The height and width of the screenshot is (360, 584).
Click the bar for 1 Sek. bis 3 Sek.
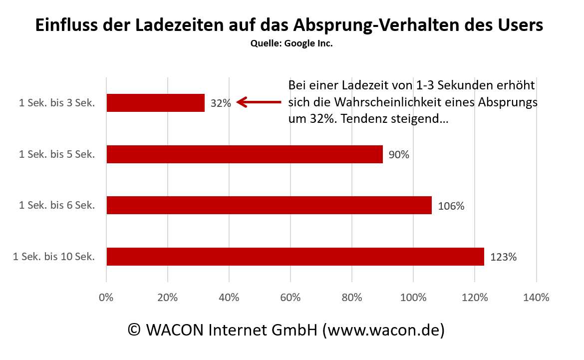click(x=156, y=103)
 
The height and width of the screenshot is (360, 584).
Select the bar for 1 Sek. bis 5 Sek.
click(x=245, y=154)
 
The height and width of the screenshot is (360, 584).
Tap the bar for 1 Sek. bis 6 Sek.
click(x=269, y=205)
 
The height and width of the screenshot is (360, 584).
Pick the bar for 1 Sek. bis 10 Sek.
click(x=295, y=257)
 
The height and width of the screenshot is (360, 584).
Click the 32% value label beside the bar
click(x=221, y=103)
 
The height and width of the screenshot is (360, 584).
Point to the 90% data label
click(x=399, y=155)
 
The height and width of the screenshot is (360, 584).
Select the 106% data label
click(x=451, y=206)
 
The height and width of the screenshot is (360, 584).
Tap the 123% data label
click(x=503, y=257)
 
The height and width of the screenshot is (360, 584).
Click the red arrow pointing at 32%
click(x=259, y=102)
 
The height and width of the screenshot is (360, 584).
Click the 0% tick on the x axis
click(x=106, y=298)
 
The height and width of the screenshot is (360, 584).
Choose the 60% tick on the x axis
click(x=291, y=298)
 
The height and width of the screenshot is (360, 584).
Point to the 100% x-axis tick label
click(x=413, y=298)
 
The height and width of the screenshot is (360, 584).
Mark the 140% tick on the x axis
click(x=536, y=298)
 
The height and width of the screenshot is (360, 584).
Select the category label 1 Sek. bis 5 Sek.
click(x=57, y=155)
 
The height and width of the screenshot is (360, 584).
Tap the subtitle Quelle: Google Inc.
click(x=292, y=43)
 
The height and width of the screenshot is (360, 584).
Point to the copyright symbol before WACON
click(x=134, y=330)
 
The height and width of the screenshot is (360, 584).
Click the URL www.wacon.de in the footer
click(x=383, y=330)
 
